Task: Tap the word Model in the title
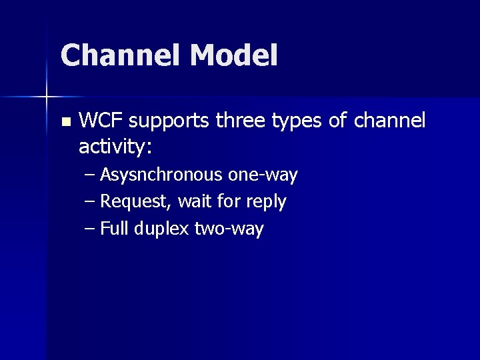click(x=233, y=55)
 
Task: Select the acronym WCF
click(x=102, y=121)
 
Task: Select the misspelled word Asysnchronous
click(x=161, y=175)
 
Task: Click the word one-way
click(x=263, y=175)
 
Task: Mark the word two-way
click(x=229, y=229)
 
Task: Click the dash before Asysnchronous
click(x=90, y=176)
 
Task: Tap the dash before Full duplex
click(x=90, y=229)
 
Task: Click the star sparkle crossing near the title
click(x=47, y=97)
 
